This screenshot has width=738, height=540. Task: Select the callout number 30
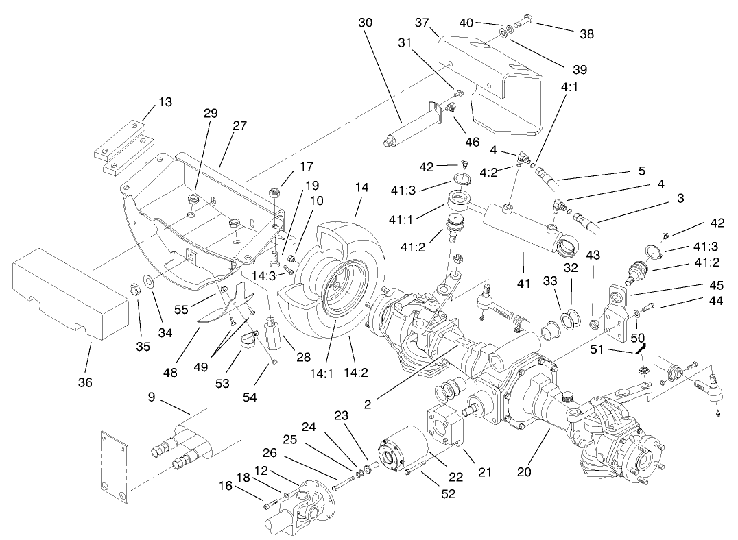click(365, 22)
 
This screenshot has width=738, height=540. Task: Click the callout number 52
click(447, 493)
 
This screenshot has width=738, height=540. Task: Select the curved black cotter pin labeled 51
click(641, 347)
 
